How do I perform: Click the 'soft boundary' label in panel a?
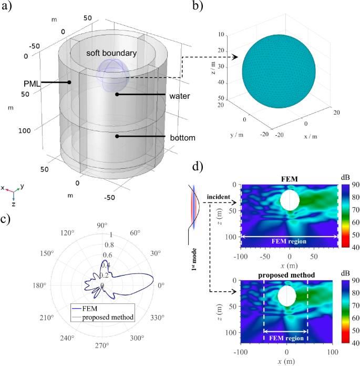[x=112, y=54]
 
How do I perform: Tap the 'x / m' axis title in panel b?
[x=315, y=136]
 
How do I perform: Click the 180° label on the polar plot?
[x=42, y=285]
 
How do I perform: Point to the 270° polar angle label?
[x=102, y=345]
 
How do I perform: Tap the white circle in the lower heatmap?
[x=287, y=296]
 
